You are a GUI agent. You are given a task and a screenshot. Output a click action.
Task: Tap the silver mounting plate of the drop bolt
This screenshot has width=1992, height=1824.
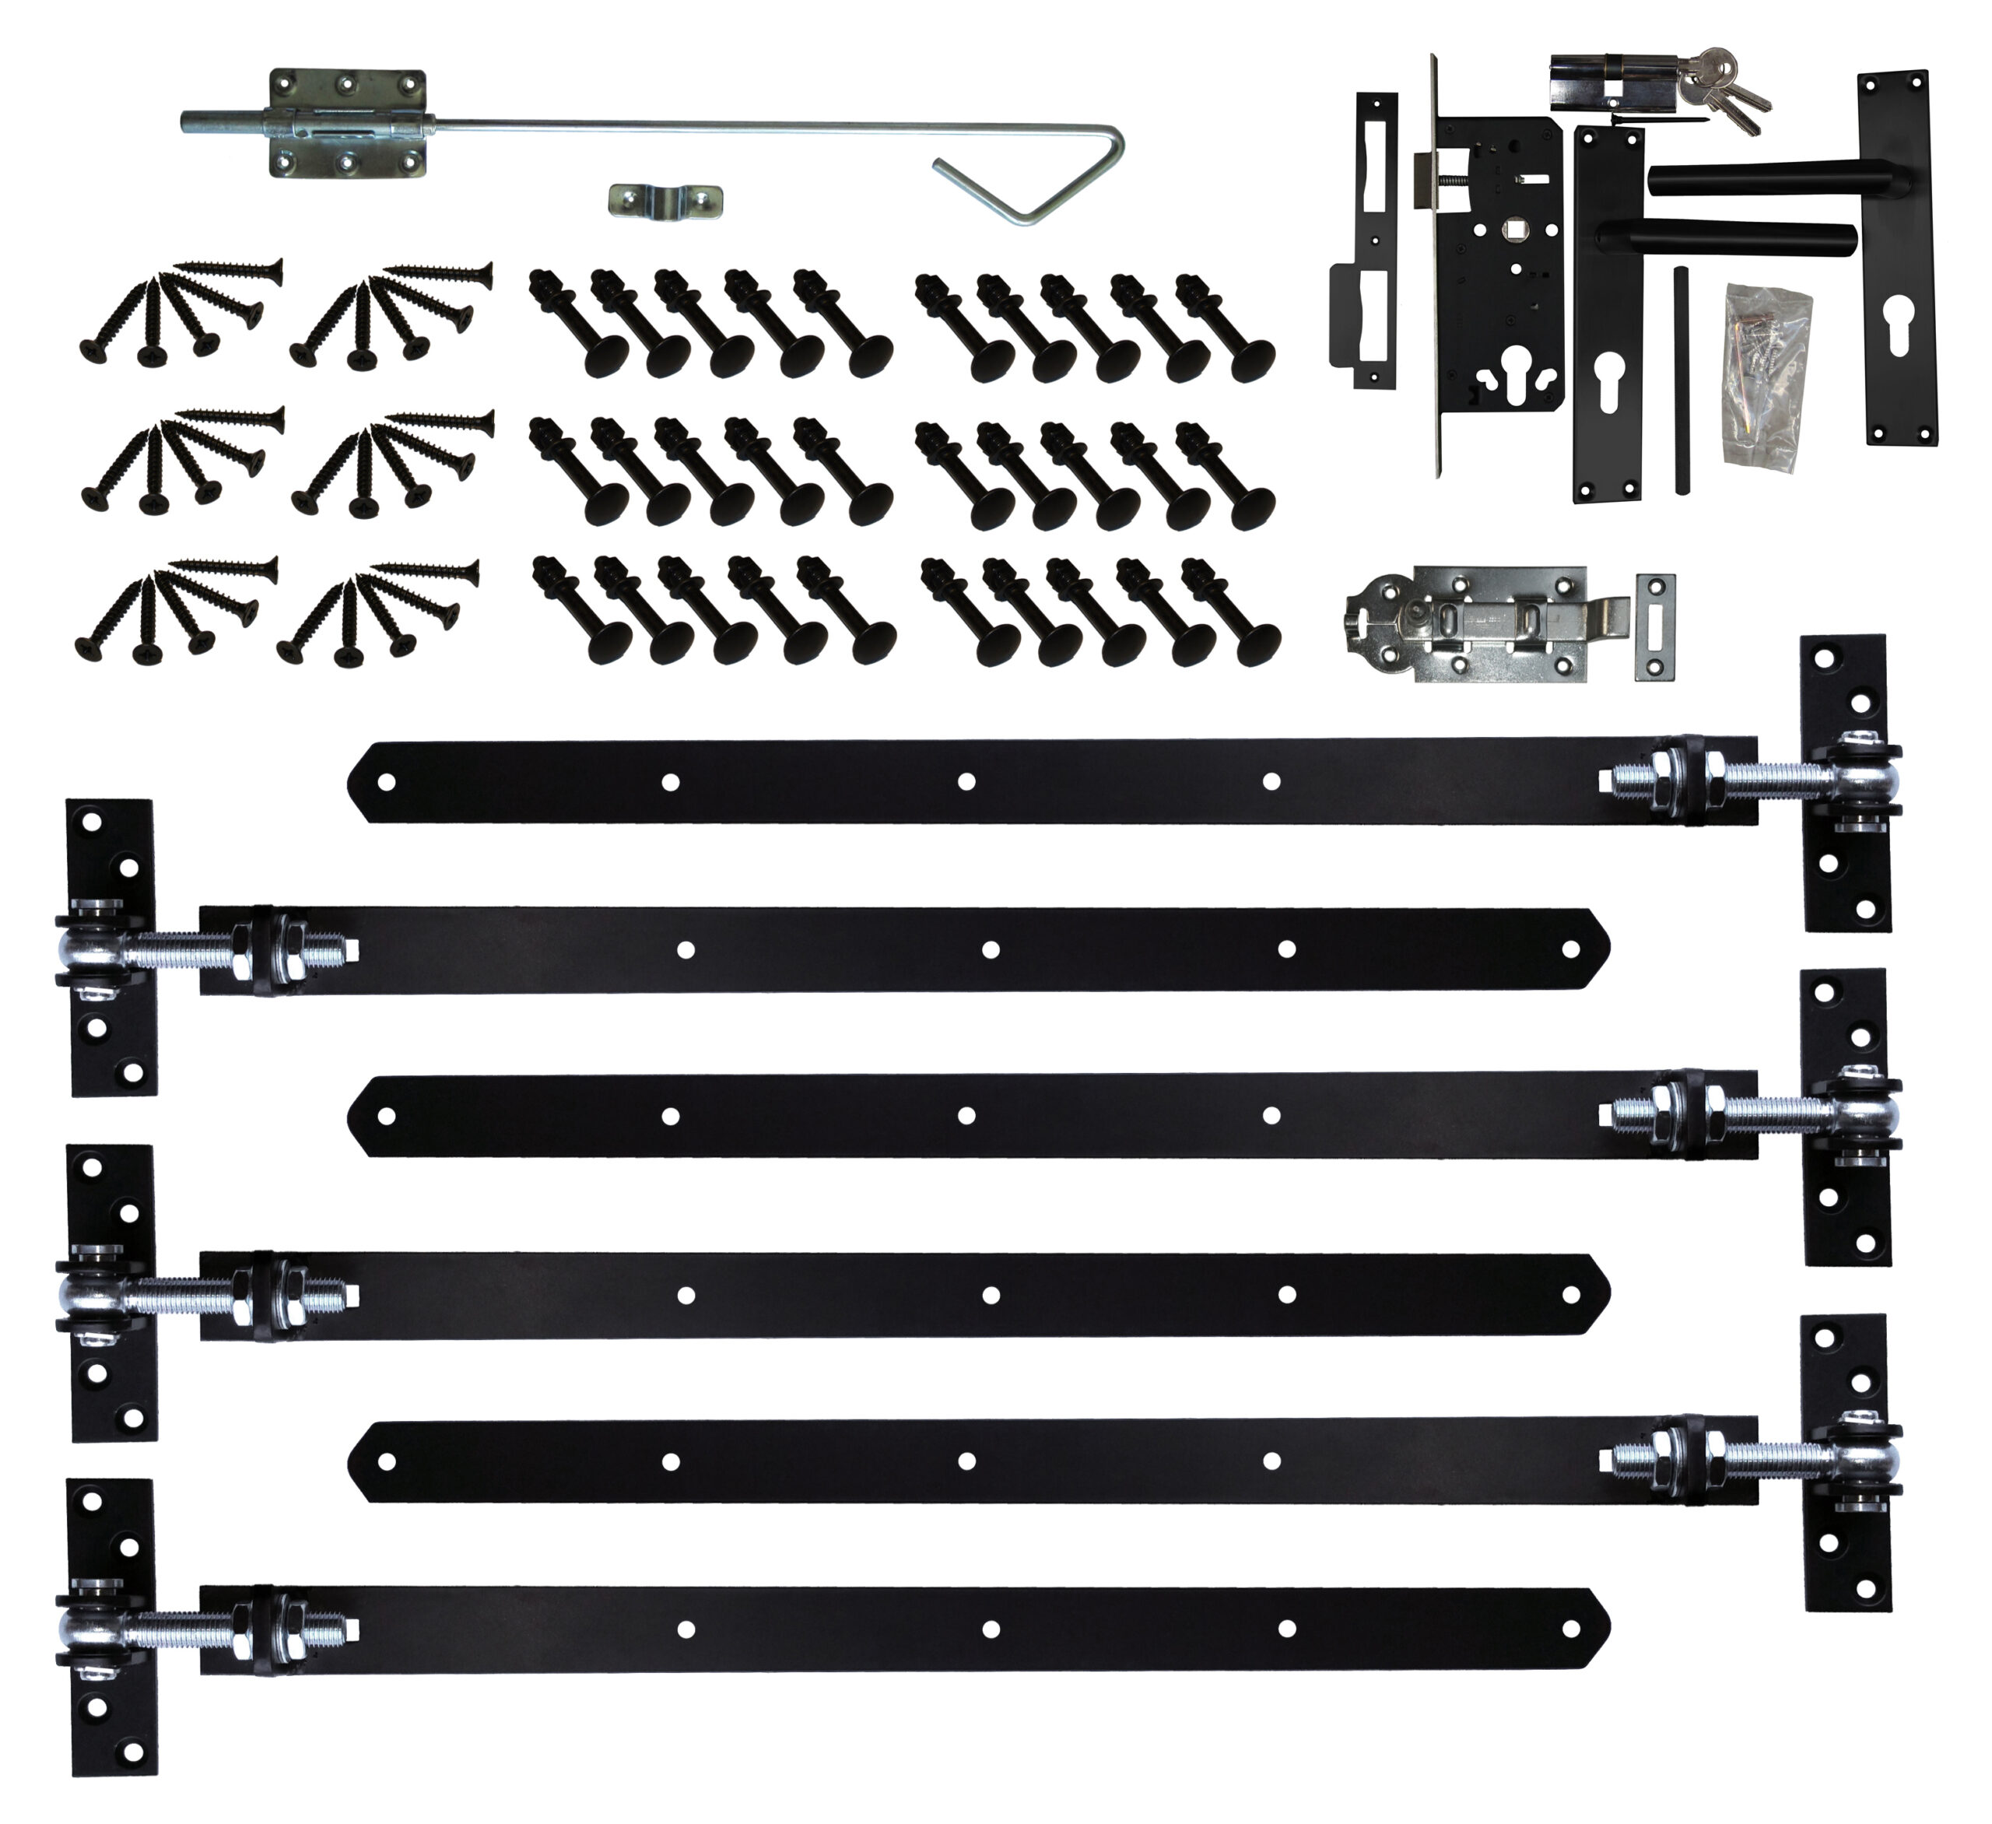click(x=348, y=124)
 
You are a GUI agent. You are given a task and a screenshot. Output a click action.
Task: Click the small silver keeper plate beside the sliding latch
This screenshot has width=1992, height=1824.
click(x=1655, y=626)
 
